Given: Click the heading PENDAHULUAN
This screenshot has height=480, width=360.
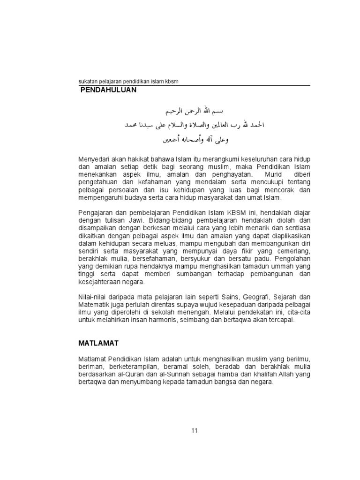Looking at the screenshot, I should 107,90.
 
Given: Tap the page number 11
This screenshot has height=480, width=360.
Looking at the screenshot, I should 195,431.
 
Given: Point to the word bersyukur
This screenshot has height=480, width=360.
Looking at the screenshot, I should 207,260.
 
